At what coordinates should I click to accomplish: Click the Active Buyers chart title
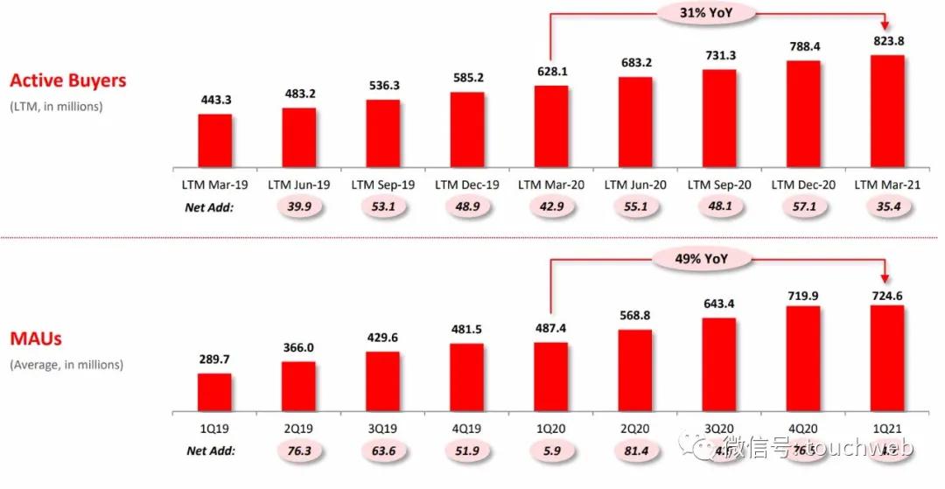pyautogui.click(x=67, y=80)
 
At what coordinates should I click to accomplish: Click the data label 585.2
pyautogui.click(x=466, y=77)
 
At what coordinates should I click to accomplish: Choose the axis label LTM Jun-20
pyautogui.click(x=634, y=185)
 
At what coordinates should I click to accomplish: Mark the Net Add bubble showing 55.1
pyautogui.click(x=634, y=208)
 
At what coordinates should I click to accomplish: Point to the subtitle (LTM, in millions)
pyautogui.click(x=56, y=107)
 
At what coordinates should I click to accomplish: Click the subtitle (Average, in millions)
pyautogui.click(x=66, y=364)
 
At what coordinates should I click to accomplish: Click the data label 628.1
pyautogui.click(x=550, y=72)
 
